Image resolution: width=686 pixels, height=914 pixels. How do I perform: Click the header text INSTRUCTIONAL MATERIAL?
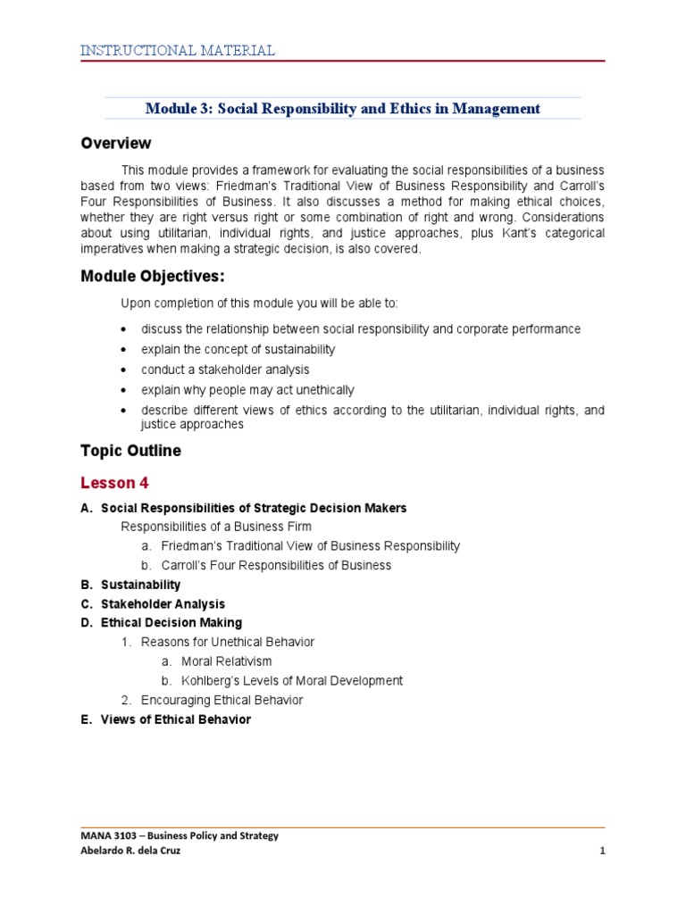(177, 50)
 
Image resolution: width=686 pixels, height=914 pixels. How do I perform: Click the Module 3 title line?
(343, 109)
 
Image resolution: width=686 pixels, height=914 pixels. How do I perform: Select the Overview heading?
(116, 144)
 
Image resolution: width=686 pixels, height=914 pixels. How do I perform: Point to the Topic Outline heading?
(130, 451)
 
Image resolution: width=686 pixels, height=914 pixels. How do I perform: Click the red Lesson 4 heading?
(114, 484)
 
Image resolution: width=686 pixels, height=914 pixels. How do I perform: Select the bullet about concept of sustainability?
(238, 349)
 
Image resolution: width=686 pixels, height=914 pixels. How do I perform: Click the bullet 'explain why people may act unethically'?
(247, 390)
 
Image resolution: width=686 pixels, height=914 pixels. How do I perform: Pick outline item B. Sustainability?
(130, 585)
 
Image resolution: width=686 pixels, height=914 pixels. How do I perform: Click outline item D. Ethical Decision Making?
(161, 623)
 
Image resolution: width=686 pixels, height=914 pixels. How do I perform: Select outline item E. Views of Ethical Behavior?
(165, 719)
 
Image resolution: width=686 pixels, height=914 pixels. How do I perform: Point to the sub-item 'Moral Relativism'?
(226, 661)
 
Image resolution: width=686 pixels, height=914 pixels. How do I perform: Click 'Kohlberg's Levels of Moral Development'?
(291, 681)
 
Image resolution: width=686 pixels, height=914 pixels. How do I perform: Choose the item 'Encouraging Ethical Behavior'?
(222, 700)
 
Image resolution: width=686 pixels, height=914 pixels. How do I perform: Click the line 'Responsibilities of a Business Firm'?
(222, 526)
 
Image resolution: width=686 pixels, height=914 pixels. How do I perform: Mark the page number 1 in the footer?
(603, 851)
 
